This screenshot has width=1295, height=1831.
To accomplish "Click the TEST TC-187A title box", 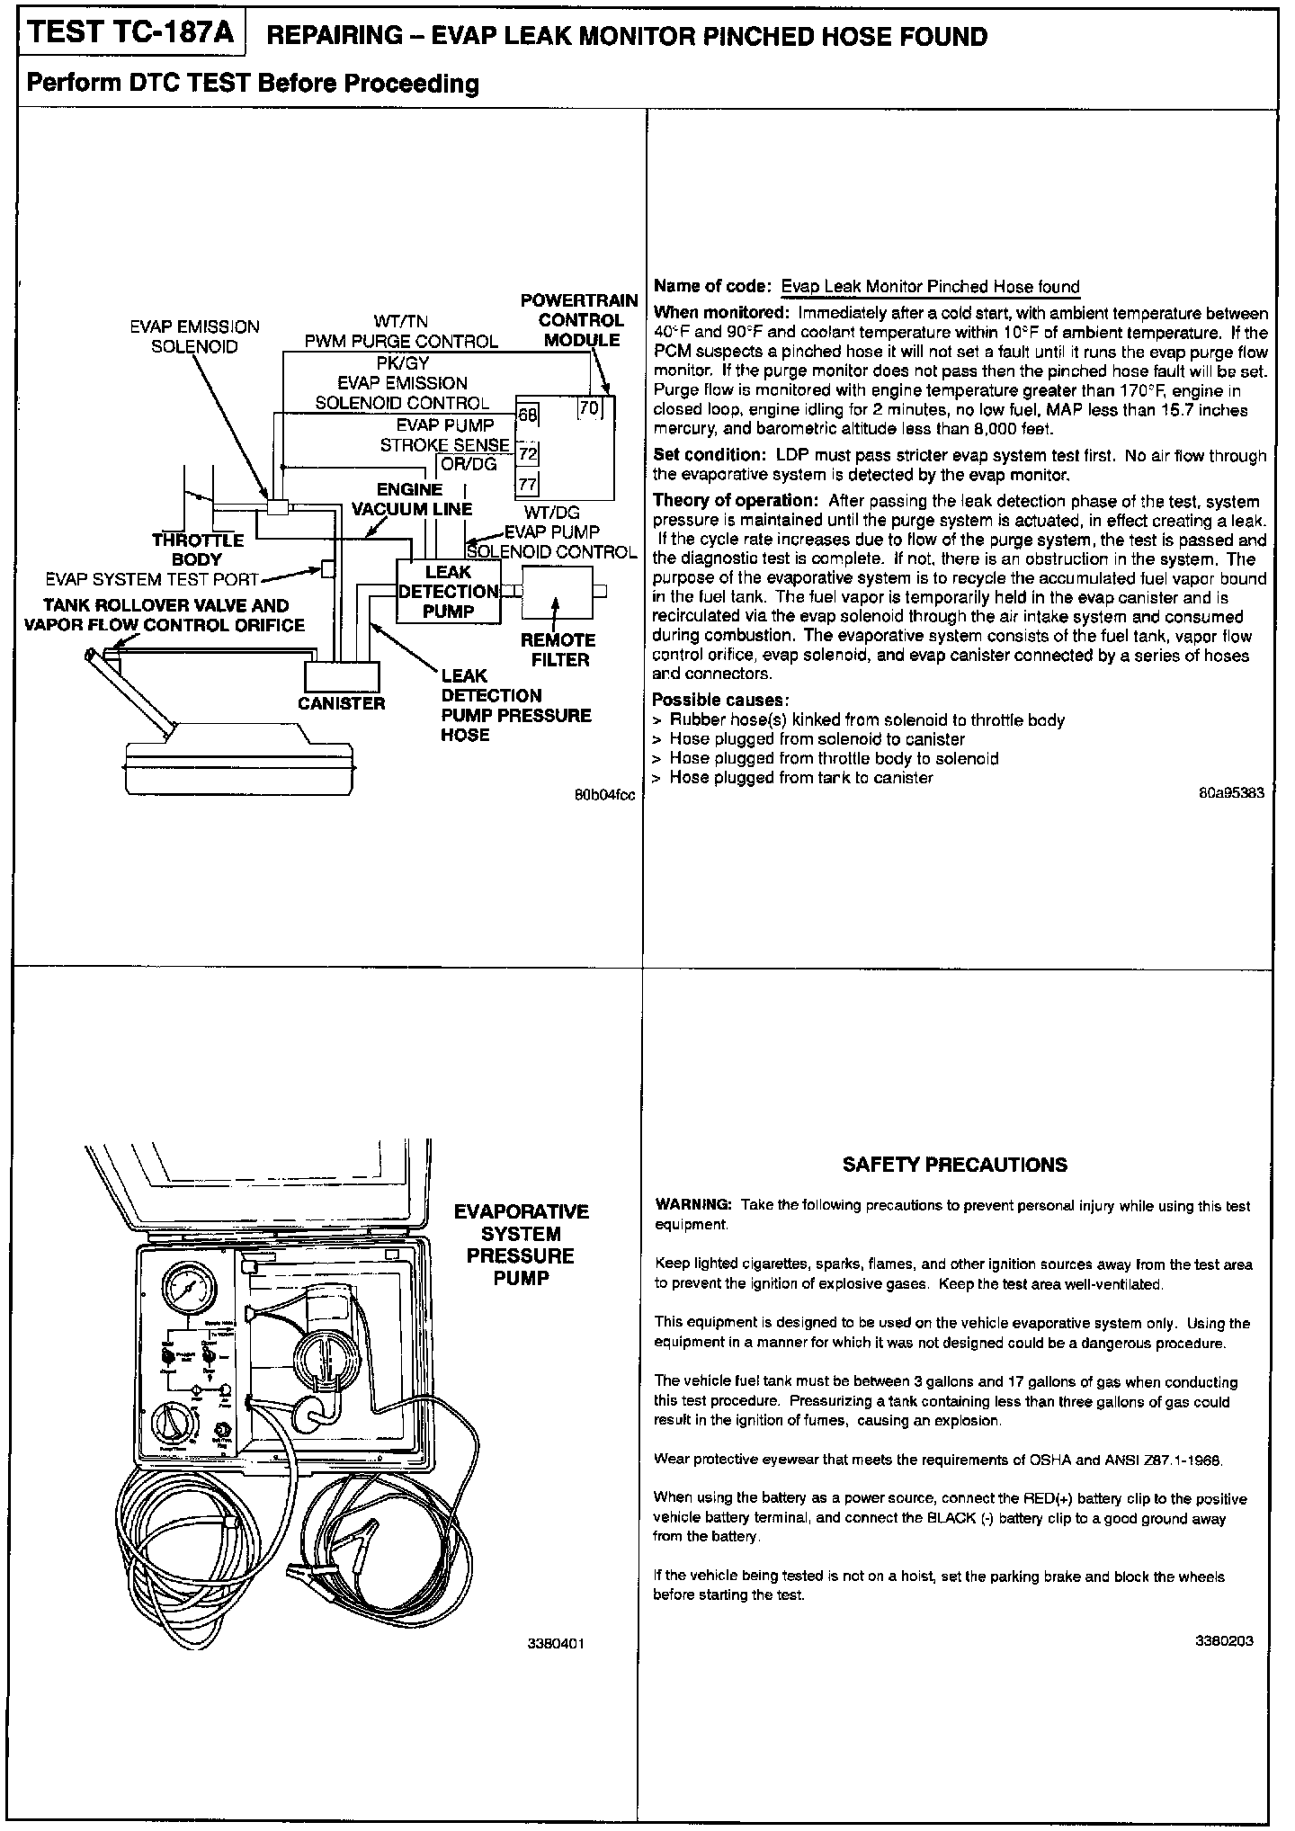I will coord(132,33).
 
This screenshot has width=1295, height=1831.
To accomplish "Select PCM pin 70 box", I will coord(589,407).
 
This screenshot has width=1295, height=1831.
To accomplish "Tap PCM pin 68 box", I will coord(527,415).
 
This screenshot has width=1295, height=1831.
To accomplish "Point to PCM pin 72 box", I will coord(528,453).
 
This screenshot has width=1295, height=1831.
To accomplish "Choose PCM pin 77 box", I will coord(528,486).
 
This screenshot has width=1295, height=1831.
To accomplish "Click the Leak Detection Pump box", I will coord(448,592).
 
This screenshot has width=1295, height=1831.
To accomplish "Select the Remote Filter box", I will coord(558,591).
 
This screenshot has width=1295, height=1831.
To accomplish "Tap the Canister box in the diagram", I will coord(342,675).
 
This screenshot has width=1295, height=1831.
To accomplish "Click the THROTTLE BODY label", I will coord(198,549).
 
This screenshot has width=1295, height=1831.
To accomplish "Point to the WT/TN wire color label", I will coord(401,322).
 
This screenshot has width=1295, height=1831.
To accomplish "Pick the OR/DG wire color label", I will coord(469,464).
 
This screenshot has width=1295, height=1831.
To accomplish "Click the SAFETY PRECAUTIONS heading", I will coord(954,1165).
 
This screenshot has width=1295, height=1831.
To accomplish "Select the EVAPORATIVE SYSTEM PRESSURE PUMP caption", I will coord(521,1245).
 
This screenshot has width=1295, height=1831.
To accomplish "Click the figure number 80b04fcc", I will coord(605,795).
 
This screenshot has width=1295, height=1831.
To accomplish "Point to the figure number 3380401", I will coord(557,1643).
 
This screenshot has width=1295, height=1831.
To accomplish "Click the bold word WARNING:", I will coord(694,1204).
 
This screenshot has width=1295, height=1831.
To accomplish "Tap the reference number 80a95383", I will coord(1231,792).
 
